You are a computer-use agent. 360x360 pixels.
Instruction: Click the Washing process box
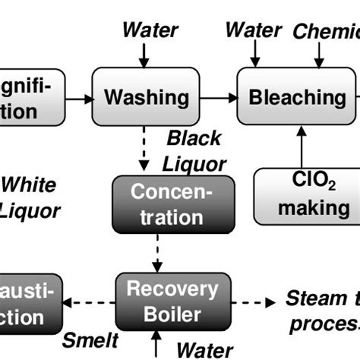(146, 97)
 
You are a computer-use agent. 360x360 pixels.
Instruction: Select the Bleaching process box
(298, 97)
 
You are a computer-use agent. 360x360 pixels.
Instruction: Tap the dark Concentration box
(157, 204)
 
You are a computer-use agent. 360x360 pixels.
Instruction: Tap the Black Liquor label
(195, 150)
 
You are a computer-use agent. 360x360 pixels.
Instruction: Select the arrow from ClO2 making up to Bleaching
(302, 147)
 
